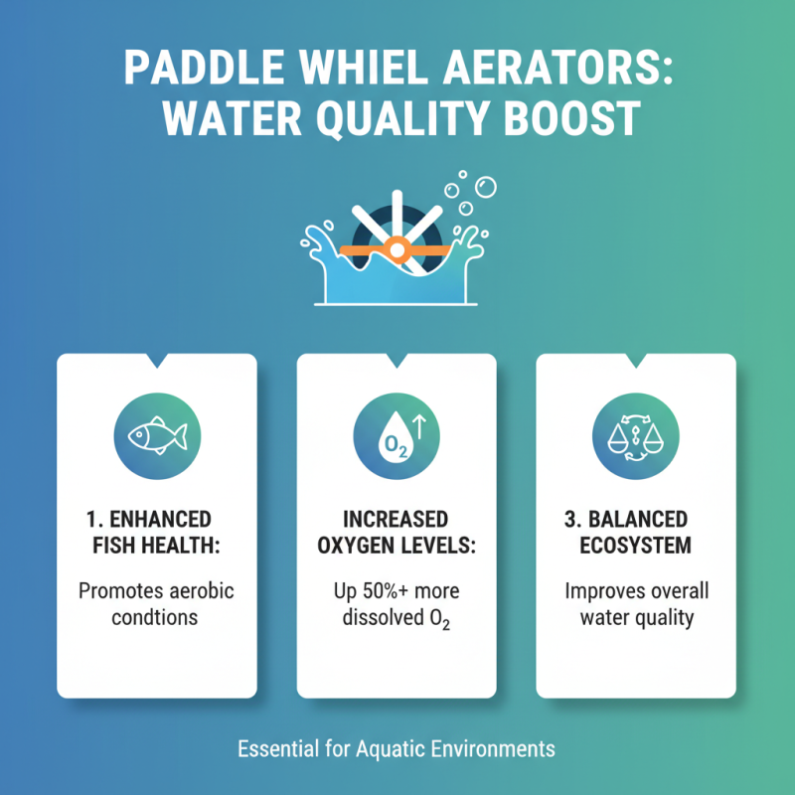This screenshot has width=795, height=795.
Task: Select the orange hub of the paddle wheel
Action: point(397,249)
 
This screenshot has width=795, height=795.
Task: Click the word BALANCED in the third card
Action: point(648,520)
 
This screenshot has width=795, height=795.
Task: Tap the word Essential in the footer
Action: point(276,747)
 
